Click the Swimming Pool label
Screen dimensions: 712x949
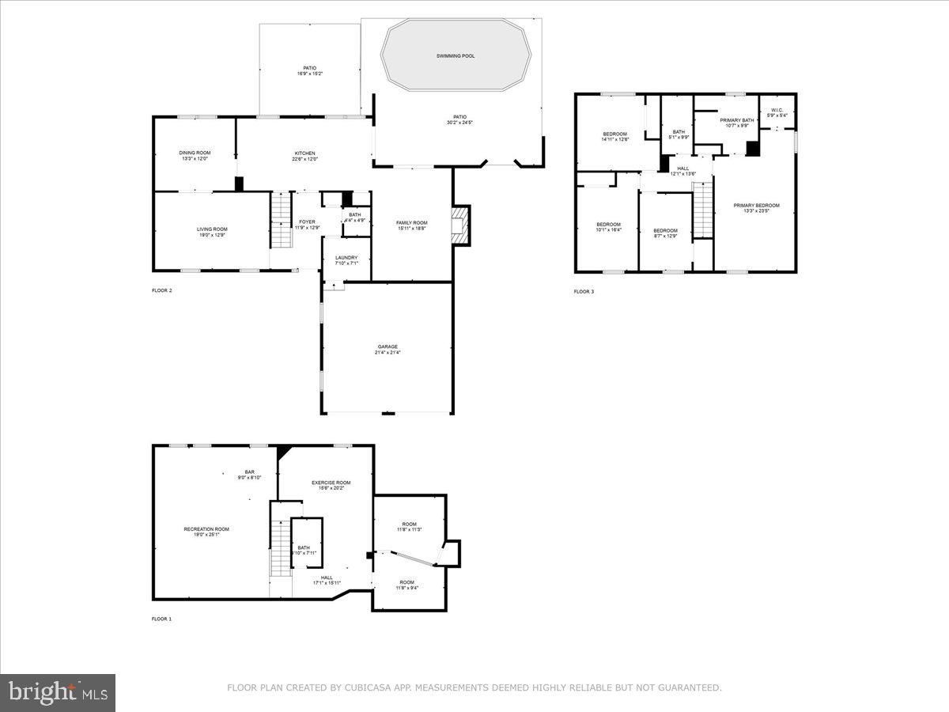(x=456, y=56)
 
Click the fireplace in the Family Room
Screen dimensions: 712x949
(x=459, y=225)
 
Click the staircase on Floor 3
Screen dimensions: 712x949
(x=703, y=209)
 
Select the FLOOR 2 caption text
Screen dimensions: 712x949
(x=161, y=290)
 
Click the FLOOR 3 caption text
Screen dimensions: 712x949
(x=584, y=292)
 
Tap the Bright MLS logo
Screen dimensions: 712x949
(x=58, y=693)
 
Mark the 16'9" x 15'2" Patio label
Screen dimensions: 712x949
(x=309, y=70)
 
